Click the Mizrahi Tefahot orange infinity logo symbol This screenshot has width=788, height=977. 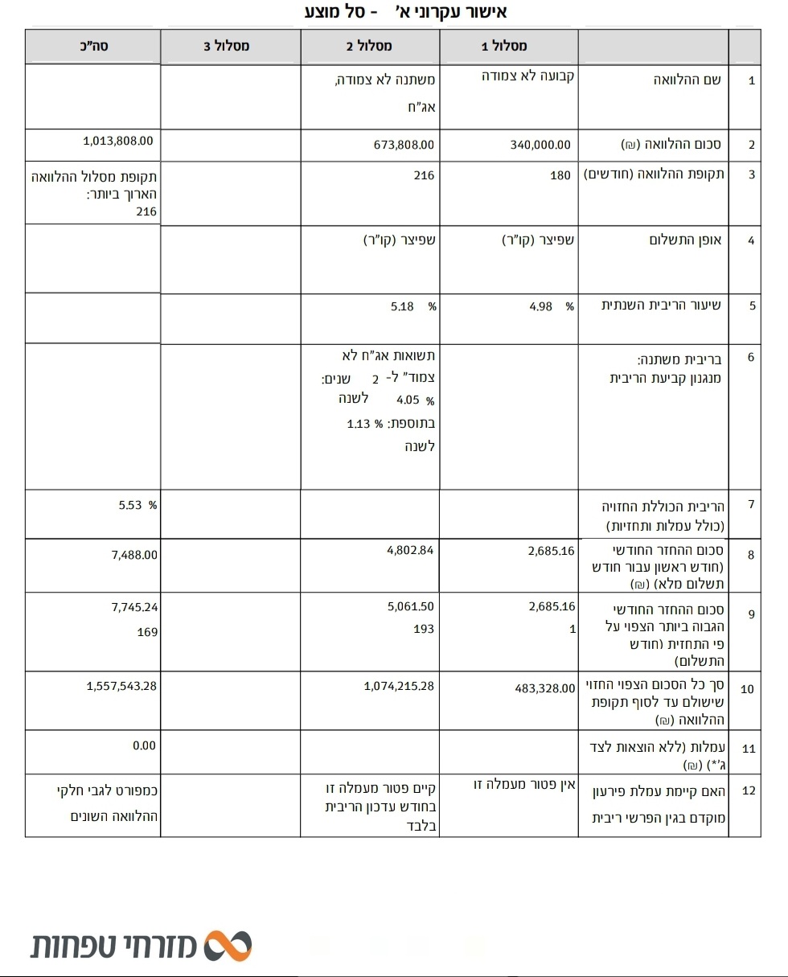228,946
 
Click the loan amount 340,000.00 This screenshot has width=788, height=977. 540,146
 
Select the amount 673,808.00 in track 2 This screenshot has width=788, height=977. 404,146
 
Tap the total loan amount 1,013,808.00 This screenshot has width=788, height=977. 117,140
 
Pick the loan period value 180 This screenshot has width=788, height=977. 560,175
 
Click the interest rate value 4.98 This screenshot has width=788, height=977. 540,306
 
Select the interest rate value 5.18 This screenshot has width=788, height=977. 401,306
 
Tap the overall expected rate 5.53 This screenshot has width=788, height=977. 129,506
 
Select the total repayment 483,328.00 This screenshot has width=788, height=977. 545,688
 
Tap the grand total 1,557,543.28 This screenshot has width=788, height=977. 121,686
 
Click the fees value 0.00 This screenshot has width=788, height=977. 145,746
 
